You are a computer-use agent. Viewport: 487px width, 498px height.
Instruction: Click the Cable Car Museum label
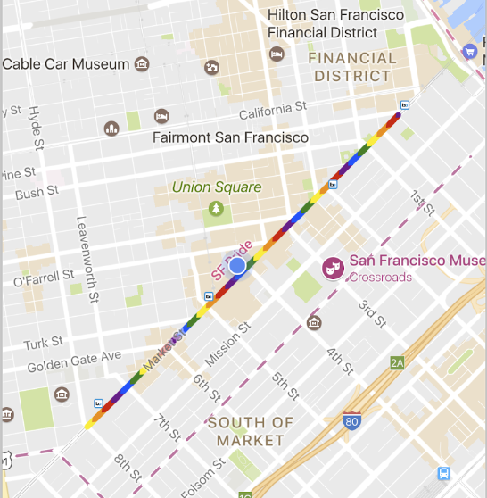[67, 64]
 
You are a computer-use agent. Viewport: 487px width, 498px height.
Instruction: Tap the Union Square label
[217, 187]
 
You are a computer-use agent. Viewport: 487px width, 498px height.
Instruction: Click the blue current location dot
[236, 266]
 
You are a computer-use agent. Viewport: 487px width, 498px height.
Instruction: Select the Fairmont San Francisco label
[230, 137]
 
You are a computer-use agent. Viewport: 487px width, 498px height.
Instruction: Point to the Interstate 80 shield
[353, 421]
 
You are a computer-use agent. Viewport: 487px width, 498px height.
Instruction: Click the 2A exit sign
[397, 362]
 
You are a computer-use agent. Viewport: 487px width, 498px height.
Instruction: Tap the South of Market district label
[251, 431]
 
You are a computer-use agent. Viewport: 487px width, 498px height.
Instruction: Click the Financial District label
[352, 67]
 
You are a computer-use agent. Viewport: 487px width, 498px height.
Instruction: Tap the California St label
[272, 111]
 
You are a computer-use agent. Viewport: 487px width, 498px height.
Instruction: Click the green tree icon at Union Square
[215, 208]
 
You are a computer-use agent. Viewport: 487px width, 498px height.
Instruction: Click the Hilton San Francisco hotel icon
[277, 54]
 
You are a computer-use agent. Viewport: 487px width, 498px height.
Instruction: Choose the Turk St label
[43, 344]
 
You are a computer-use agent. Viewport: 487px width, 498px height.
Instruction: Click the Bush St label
[37, 192]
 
